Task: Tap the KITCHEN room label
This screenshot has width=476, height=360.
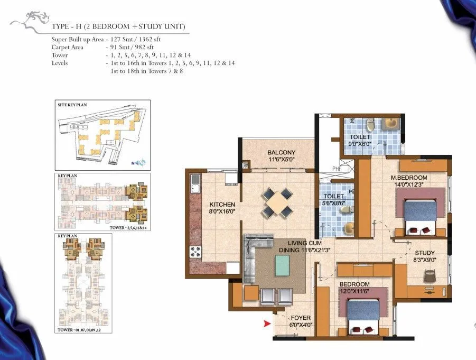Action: pyautogui.click(x=222, y=204)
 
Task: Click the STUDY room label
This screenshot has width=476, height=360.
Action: pyautogui.click(x=424, y=253)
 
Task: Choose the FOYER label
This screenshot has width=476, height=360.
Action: pyautogui.click(x=300, y=318)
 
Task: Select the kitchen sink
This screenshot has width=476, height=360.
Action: pyautogui.click(x=195, y=185)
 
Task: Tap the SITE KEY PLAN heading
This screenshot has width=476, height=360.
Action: pyautogui.click(x=72, y=105)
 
